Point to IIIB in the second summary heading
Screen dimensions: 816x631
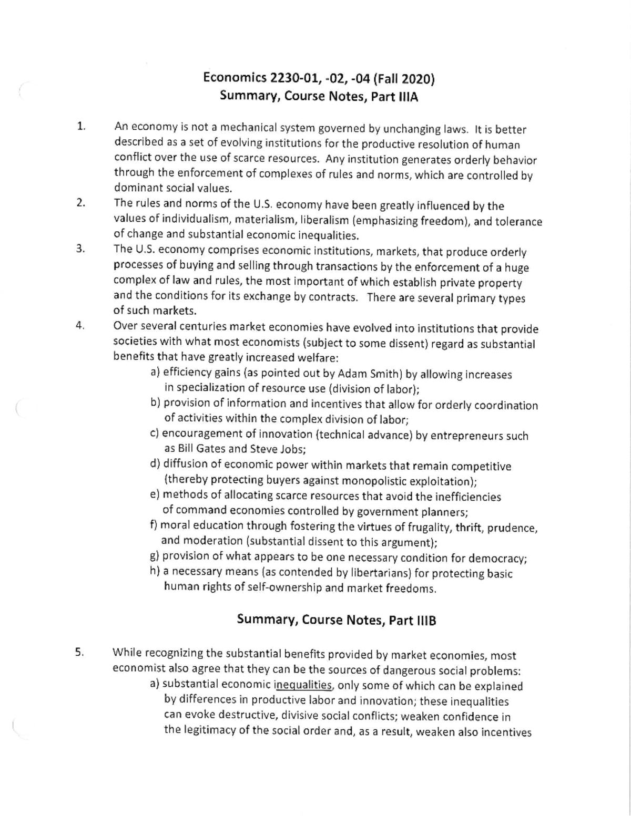[426, 621]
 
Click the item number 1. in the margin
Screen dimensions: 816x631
[80, 126]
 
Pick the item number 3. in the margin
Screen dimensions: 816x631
[80, 249]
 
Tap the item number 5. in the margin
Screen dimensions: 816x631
[79, 653]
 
